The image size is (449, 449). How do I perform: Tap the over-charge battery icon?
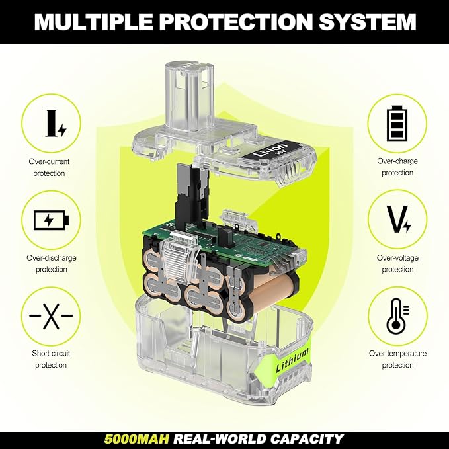point(397,124)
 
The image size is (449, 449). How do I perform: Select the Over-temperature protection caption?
point(397,359)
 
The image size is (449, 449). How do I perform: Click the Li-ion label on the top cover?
point(272,151)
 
